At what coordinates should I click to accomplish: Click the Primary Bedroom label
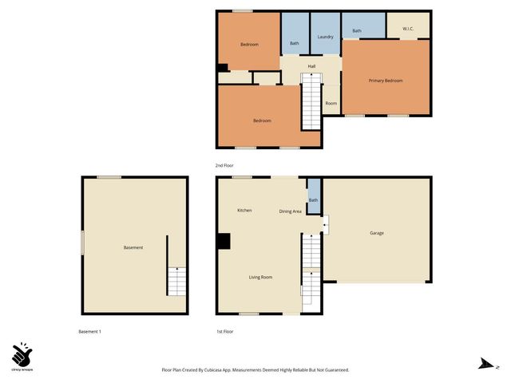pyautogui.click(x=386, y=81)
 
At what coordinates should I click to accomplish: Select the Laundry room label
pyautogui.click(x=325, y=37)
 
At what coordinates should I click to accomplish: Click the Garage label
pyautogui.click(x=377, y=233)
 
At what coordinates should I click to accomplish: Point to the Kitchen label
pyautogui.click(x=244, y=210)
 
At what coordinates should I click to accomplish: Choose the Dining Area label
pyautogui.click(x=290, y=211)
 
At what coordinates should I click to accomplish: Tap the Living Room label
pyautogui.click(x=260, y=277)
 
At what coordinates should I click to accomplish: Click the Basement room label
pyautogui.click(x=133, y=247)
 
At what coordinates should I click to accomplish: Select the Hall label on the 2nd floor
pyautogui.click(x=313, y=65)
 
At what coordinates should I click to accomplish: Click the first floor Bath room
pyautogui.click(x=314, y=200)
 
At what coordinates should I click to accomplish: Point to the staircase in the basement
pyautogui.click(x=176, y=282)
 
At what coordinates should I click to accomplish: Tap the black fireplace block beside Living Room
pyautogui.click(x=224, y=241)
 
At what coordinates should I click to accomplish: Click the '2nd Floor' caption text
pyautogui.click(x=224, y=165)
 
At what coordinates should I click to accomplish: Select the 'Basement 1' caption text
pyautogui.click(x=89, y=331)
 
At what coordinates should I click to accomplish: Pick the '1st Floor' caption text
pyautogui.click(x=224, y=331)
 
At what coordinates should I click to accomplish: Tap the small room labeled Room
pyautogui.click(x=331, y=103)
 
